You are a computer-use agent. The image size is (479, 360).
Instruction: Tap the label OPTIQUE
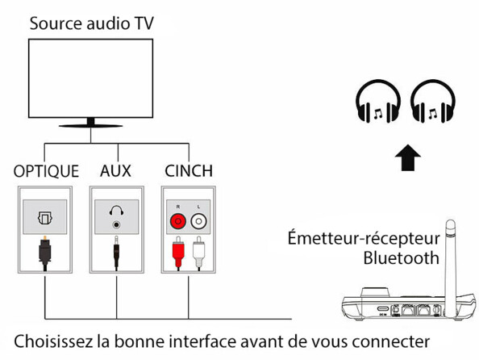coord(46,171)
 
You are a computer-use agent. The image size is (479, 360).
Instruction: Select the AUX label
coord(115,171)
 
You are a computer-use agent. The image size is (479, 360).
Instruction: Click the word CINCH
coord(188,171)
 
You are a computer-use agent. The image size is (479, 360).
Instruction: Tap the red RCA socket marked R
coord(176,218)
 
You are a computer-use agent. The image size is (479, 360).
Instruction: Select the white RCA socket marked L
coord(199,218)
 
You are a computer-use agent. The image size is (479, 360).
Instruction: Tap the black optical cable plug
coord(44,254)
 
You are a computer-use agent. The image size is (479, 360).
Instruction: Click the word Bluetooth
coord(401,258)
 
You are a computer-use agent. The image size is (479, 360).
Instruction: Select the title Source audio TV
coord(90,22)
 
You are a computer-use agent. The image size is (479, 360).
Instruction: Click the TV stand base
coord(90,125)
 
